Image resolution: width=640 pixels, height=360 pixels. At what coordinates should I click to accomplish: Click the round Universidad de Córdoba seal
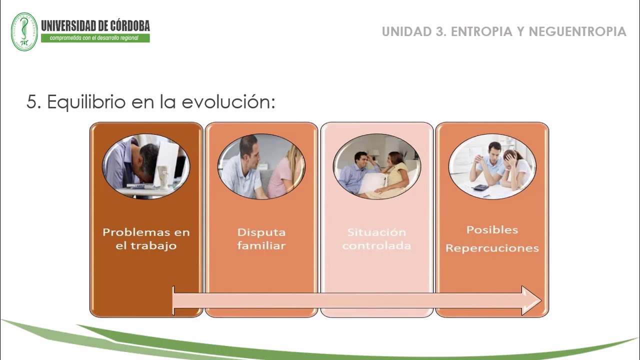coord(24,31)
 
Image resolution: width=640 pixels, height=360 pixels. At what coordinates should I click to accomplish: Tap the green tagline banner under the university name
coord(95,38)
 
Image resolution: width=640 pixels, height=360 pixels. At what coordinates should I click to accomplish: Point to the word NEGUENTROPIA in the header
coord(577,31)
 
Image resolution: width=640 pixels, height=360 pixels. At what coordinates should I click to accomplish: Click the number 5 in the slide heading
coord(33,101)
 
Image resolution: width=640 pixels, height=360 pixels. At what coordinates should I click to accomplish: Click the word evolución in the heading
coord(228,101)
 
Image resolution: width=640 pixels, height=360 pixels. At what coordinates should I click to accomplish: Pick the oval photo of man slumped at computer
coord(146,166)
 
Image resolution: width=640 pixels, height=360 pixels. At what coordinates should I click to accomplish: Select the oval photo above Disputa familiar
coord(261,166)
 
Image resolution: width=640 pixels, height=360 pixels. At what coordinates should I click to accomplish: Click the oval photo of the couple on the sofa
coord(376,166)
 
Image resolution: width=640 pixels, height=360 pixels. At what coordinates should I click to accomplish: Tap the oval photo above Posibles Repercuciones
coord(492,166)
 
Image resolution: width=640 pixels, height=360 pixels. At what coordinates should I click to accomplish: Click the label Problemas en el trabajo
coord(146,239)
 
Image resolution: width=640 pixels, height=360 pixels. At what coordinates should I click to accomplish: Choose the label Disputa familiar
coord(261,239)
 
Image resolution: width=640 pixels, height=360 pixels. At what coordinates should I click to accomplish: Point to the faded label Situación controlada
coord(376,239)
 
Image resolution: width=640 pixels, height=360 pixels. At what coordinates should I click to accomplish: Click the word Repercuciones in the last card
coord(492,248)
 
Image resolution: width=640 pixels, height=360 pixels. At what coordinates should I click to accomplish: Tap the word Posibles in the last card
coord(492,229)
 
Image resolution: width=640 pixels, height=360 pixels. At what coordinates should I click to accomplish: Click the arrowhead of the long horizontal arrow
coord(531,300)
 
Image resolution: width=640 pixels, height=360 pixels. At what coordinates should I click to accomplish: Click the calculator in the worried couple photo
coord(480,187)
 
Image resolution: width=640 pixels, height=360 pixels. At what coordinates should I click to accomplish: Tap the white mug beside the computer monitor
coord(163,176)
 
